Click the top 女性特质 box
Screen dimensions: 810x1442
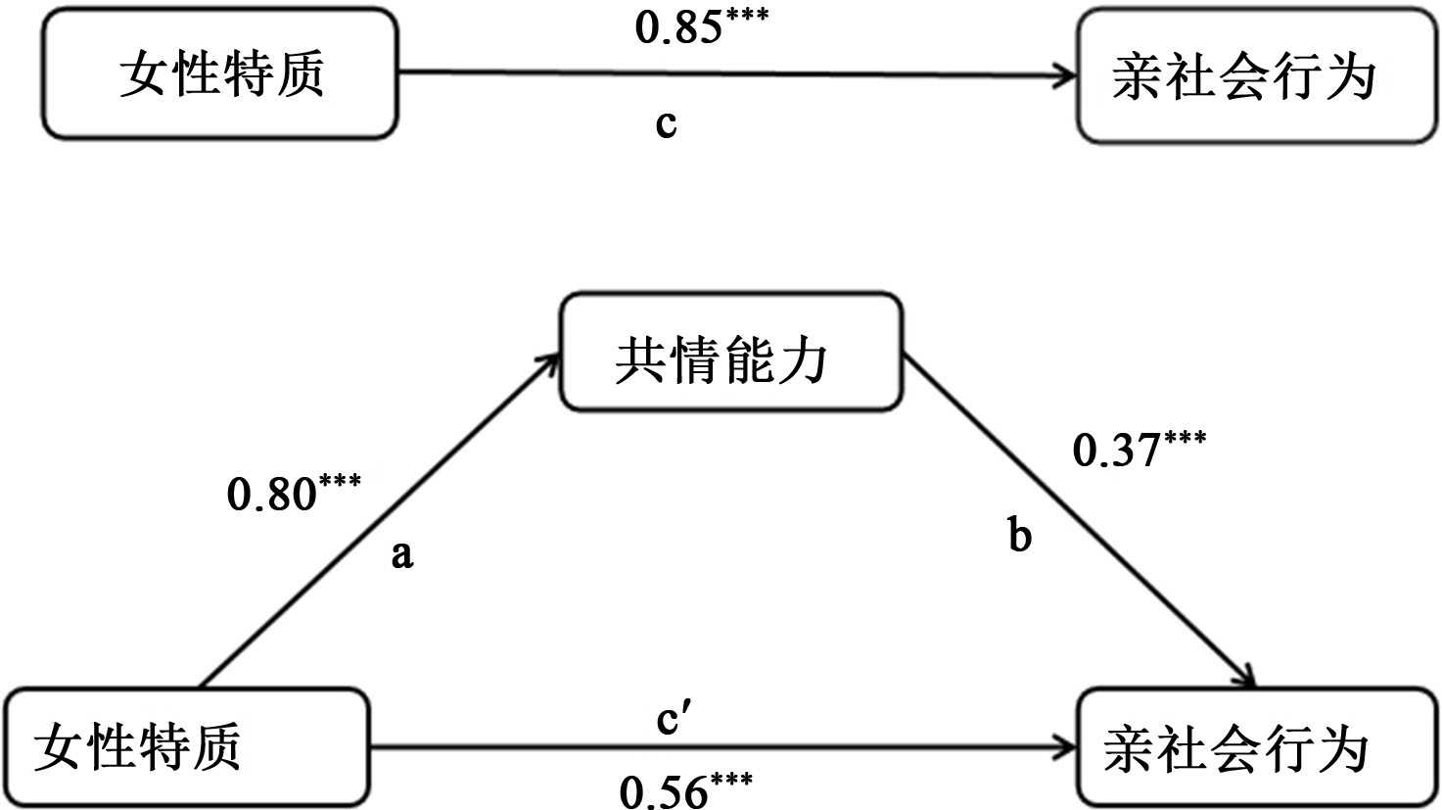219,74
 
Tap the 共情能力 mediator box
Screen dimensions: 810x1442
729,352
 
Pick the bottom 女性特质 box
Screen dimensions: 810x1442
186,747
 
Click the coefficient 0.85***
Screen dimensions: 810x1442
701,26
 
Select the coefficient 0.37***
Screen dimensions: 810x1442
1139,448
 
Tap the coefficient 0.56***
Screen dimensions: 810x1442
685,789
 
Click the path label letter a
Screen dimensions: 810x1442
402,555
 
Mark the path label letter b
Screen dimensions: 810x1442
1019,536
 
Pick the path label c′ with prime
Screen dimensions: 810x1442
674,720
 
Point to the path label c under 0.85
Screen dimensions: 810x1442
666,123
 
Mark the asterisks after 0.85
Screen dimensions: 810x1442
747,17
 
